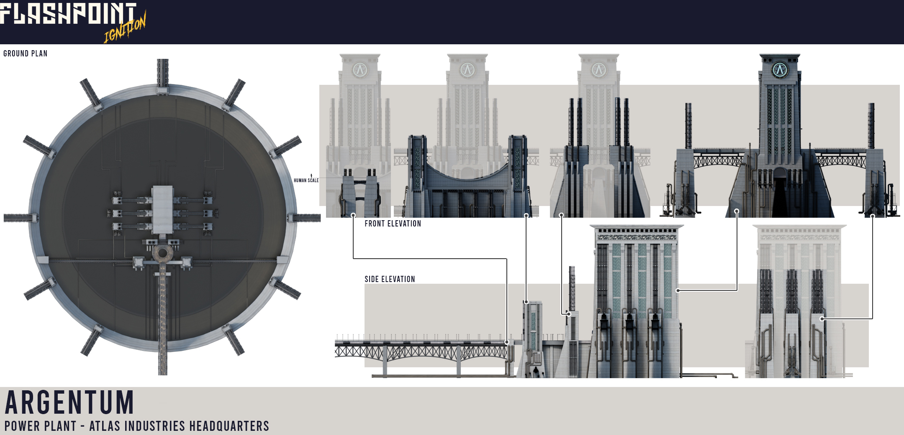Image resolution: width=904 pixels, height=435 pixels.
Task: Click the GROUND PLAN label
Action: (25, 53)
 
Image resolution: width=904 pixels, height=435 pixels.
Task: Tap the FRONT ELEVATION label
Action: (393, 224)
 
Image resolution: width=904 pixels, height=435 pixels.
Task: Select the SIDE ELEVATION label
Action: (390, 279)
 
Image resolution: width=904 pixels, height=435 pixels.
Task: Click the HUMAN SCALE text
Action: (306, 181)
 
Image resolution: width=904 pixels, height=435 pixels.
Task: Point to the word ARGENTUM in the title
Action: (69, 402)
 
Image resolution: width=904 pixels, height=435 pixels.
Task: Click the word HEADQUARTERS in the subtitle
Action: (229, 426)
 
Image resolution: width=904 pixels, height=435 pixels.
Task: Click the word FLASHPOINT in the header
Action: (68, 13)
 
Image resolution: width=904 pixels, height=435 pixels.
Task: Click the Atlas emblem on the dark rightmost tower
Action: (780, 69)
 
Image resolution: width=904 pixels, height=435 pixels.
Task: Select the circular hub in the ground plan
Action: (162, 253)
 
